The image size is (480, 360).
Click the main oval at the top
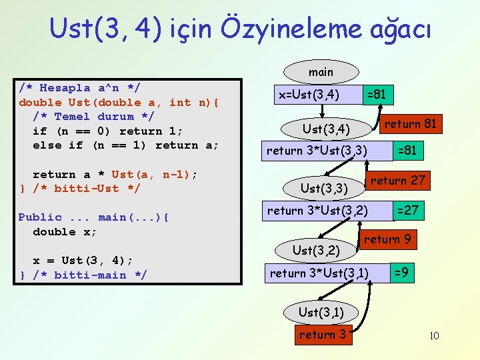tap(321, 72)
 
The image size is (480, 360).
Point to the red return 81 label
tap(410, 123)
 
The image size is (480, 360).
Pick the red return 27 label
tap(397, 181)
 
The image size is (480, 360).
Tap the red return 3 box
tap(322, 335)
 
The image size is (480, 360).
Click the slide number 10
tap(434, 335)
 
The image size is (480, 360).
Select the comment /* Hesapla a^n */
tap(79, 88)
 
